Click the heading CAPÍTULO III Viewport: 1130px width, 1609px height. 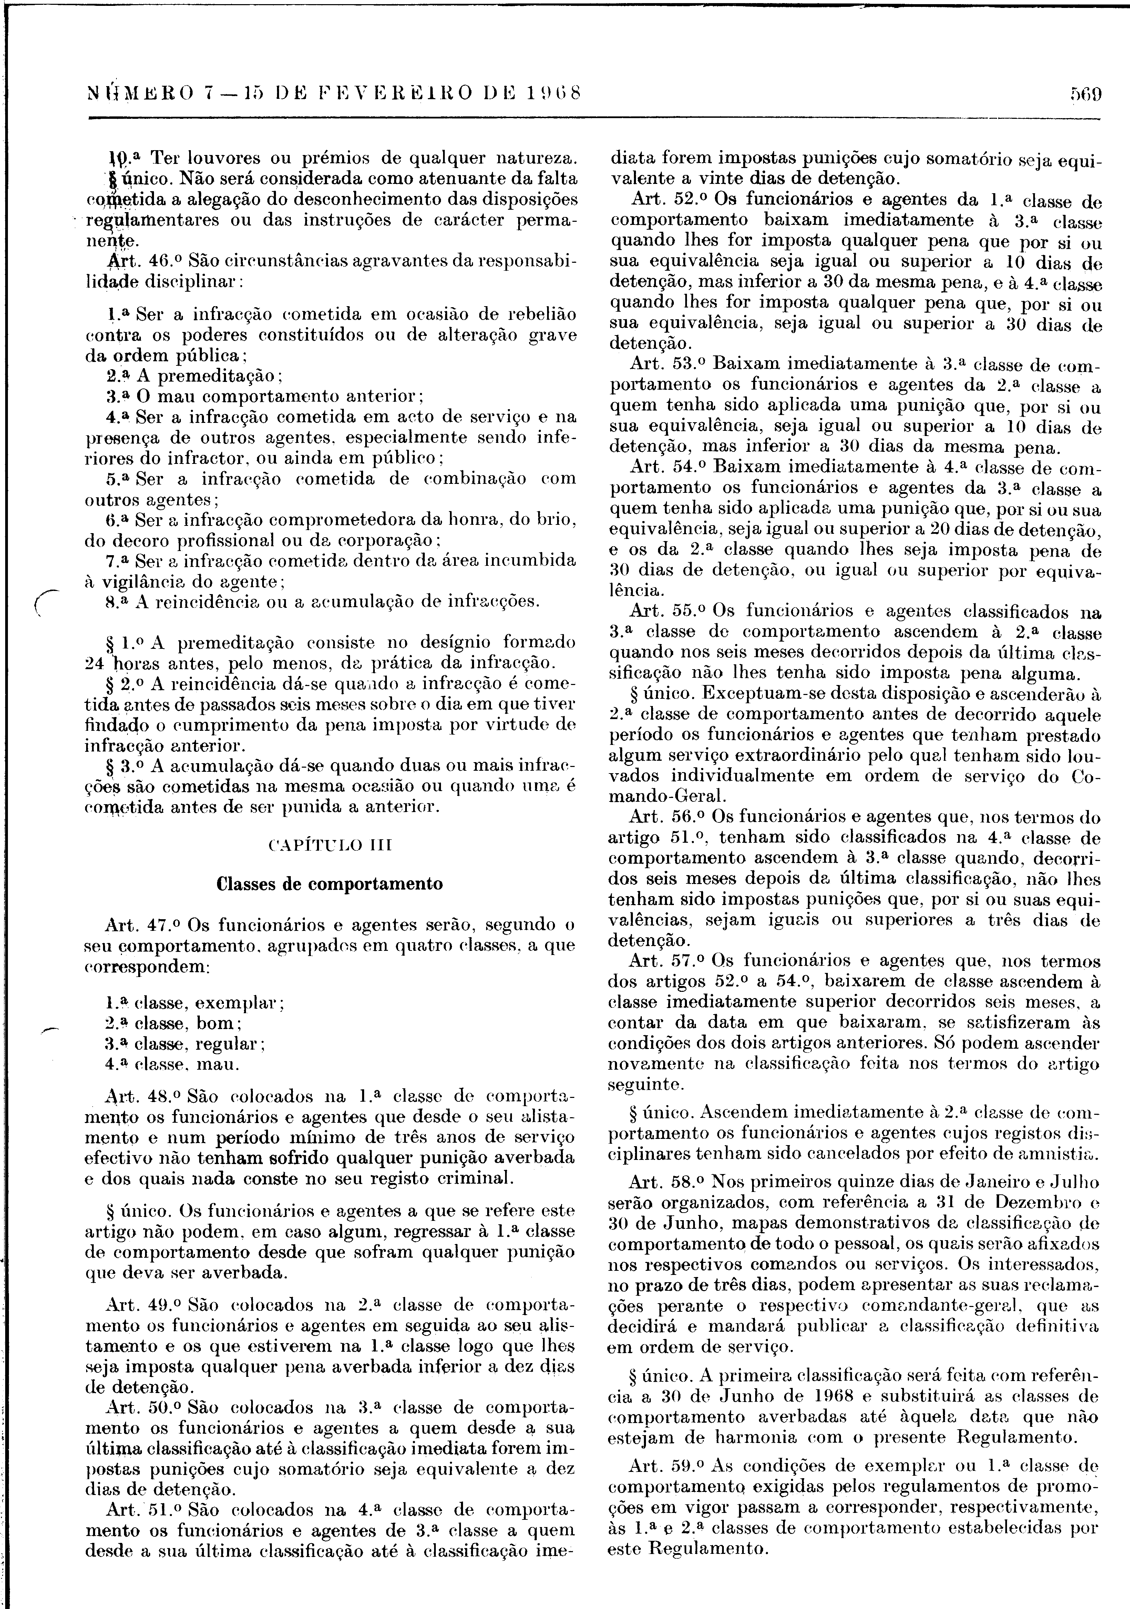[x=330, y=845]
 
